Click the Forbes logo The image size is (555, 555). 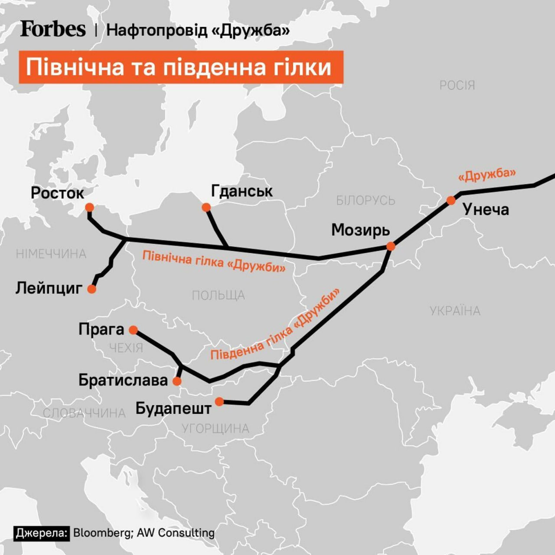click(53, 29)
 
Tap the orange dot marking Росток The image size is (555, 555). click(89, 207)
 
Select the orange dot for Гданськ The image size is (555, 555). click(206, 207)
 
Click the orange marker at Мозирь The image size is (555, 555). click(391, 246)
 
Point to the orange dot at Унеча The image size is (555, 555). click(451, 200)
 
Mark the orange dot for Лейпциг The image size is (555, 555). click(91, 289)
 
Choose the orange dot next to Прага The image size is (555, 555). click(134, 330)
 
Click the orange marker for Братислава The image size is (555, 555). click(177, 381)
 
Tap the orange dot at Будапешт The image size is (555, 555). click(219, 402)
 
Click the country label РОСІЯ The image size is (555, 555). click(457, 85)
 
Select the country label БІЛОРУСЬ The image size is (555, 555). click(366, 200)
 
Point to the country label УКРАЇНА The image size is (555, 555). click(455, 311)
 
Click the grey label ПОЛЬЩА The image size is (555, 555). click(218, 295)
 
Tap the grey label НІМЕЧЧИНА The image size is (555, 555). click(51, 254)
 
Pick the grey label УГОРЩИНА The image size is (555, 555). click(215, 428)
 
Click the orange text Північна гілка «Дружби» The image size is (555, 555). click(214, 262)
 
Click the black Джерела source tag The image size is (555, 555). click(42, 533)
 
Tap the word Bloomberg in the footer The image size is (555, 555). click(102, 533)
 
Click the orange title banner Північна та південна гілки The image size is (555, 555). click(180, 67)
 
